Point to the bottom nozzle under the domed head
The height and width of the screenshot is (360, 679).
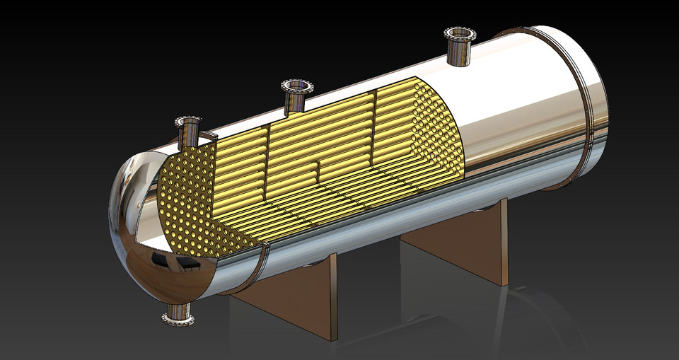point(179,318)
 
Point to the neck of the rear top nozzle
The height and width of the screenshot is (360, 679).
point(460,57)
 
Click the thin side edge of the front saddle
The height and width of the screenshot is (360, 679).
point(333,297)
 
